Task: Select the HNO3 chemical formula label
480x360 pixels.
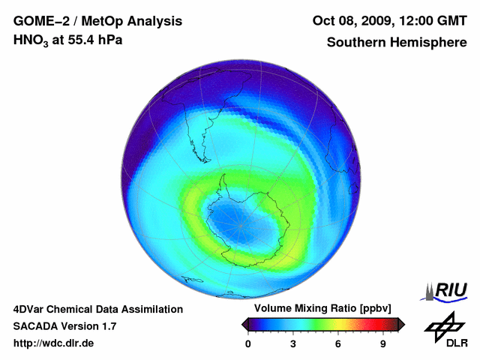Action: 31,40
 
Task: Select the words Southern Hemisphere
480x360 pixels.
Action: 397,42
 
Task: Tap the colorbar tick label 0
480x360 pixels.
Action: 248,344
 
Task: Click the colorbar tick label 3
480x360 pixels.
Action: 293,344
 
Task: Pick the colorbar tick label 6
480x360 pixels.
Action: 338,344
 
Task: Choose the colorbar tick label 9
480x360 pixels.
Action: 383,344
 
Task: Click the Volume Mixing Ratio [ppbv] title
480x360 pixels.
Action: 319,309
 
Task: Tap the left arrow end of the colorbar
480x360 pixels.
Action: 245,324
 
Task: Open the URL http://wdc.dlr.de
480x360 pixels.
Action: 54,343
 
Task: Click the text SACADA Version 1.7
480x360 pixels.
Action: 64,326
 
